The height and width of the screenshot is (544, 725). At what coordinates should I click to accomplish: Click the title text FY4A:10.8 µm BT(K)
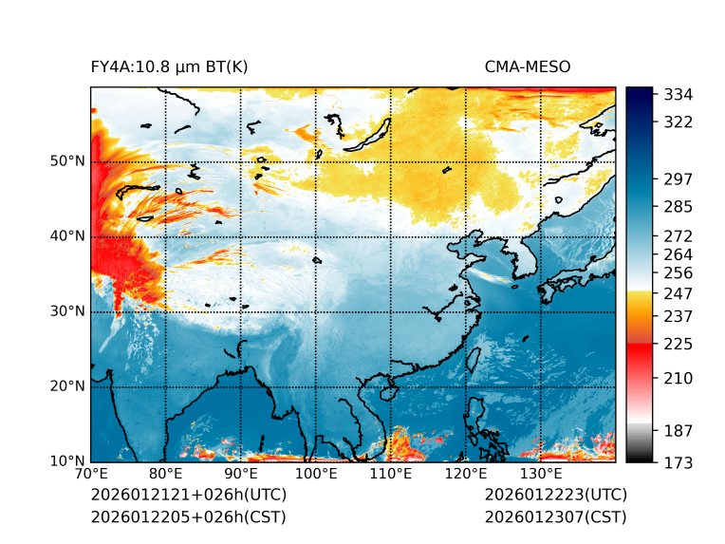pos(170,66)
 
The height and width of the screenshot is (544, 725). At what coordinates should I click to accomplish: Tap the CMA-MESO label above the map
pos(528,66)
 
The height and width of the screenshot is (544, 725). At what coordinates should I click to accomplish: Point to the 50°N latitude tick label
pos(66,161)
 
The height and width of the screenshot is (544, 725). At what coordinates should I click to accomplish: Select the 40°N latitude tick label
pos(66,236)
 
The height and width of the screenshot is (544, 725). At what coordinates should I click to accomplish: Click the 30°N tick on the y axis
pos(66,311)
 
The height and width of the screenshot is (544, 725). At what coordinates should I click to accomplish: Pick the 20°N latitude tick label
pos(66,386)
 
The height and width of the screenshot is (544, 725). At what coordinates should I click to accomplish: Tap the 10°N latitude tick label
pos(66,461)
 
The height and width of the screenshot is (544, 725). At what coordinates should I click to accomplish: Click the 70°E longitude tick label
pos(91,475)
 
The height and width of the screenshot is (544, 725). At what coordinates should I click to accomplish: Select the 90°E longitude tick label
pos(241,475)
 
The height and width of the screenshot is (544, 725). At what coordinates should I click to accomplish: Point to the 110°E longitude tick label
pos(390,475)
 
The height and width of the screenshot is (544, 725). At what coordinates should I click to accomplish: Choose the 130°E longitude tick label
pos(540,475)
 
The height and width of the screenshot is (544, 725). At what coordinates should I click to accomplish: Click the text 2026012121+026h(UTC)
pos(188,495)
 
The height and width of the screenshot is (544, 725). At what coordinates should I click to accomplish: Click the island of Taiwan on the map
pos(387,391)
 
